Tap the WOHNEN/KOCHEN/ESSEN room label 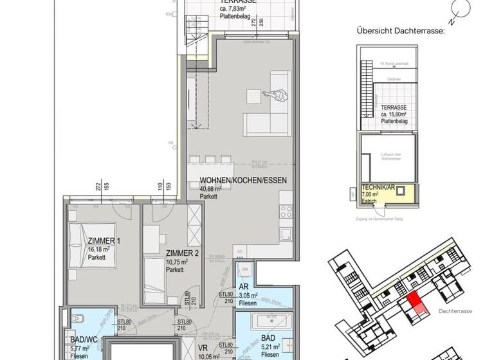pos(242,181)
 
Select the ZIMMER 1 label pos(104,241)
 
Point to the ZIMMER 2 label pos(181,253)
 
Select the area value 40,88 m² pos(210,189)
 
